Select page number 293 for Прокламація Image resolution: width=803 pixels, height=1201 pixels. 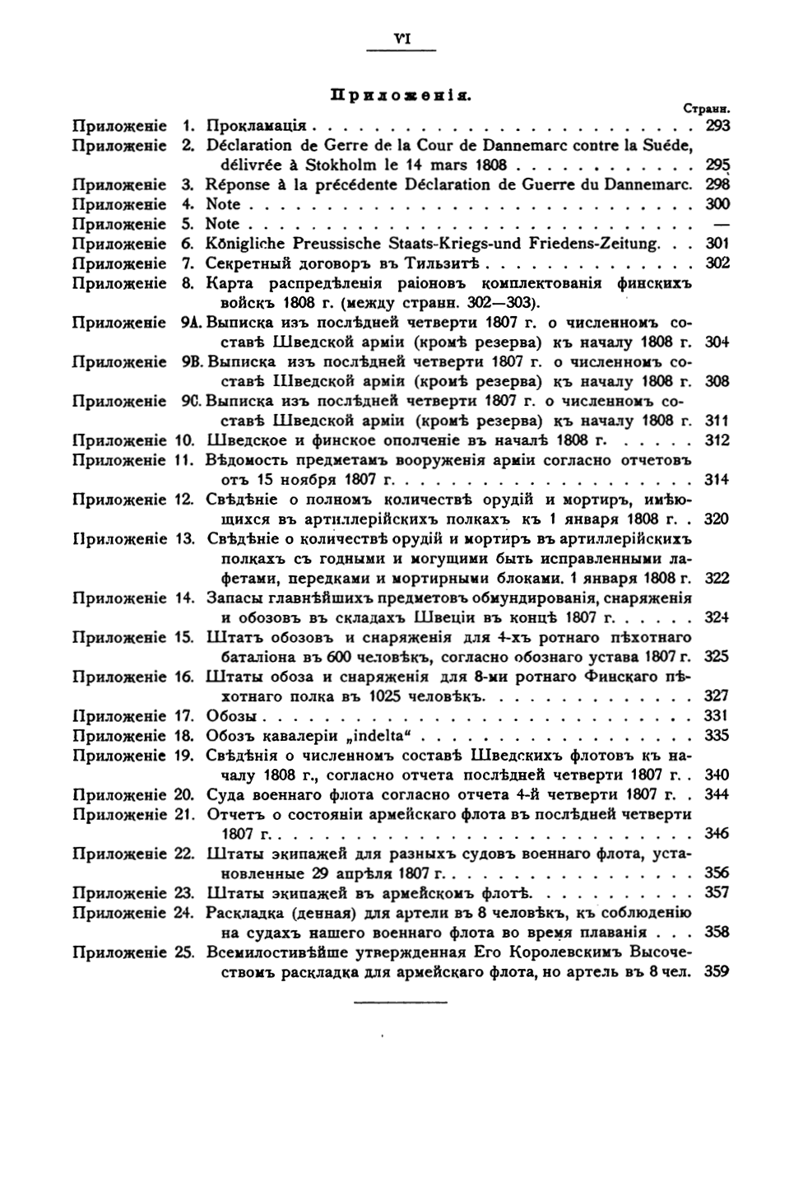click(x=717, y=126)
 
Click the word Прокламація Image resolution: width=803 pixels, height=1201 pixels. click(x=255, y=126)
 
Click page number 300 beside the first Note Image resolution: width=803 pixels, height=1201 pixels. click(x=717, y=204)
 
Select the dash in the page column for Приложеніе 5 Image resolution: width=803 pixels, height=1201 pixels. click(x=720, y=224)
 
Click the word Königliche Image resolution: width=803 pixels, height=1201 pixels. click(x=244, y=244)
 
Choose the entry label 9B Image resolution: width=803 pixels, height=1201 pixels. click(x=192, y=362)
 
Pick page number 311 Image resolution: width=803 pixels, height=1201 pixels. click(x=717, y=421)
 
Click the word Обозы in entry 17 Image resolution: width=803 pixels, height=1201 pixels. click(x=231, y=715)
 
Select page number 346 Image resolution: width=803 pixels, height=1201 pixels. click(x=717, y=833)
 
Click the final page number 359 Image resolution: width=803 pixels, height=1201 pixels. click(x=717, y=971)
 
